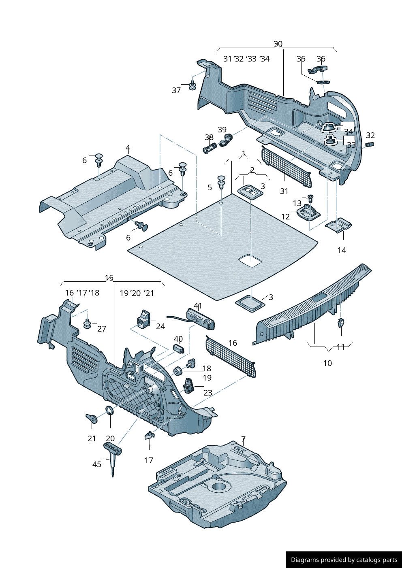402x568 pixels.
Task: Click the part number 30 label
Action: pyautogui.click(x=278, y=44)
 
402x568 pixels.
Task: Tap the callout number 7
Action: pyautogui.click(x=243, y=439)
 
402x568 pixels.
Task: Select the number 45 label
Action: pyautogui.click(x=97, y=464)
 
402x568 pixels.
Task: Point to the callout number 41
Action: pyautogui.click(x=198, y=306)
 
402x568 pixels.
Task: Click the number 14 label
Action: pyautogui.click(x=342, y=250)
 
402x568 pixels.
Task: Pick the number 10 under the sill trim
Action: pyautogui.click(x=327, y=363)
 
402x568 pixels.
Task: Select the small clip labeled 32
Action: pyautogui.click(x=369, y=144)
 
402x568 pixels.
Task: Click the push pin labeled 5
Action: pyautogui.click(x=221, y=182)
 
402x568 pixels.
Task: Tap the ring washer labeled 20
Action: pyautogui.click(x=109, y=411)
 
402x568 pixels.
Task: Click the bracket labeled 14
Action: pyautogui.click(x=339, y=224)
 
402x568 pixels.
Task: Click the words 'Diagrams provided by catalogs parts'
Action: pyautogui.click(x=344, y=560)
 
